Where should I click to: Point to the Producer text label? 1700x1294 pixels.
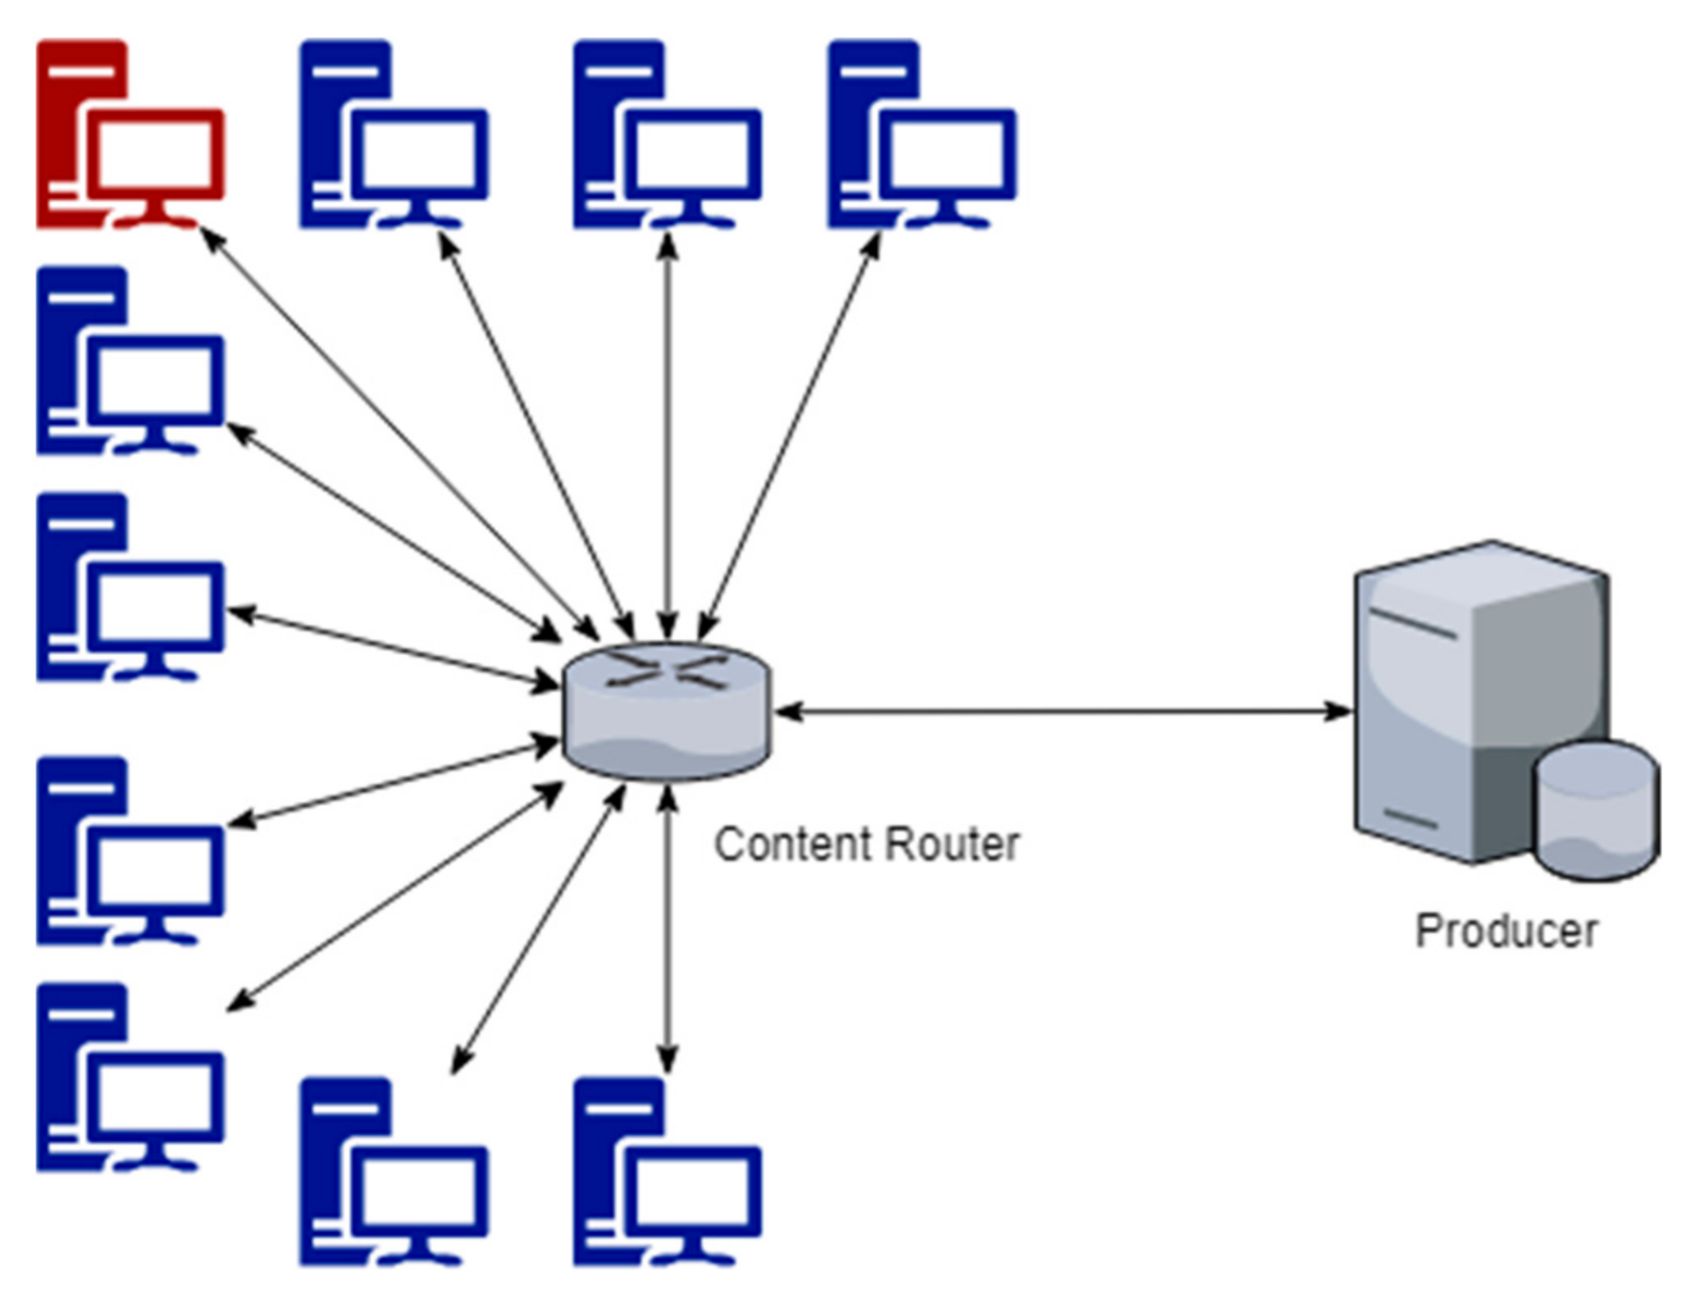click(x=1506, y=930)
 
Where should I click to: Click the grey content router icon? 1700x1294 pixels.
click(x=666, y=712)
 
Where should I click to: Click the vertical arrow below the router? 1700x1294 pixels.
click(x=668, y=927)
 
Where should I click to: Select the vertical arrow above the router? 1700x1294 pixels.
click(x=668, y=435)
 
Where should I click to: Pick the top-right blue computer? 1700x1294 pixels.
click(x=920, y=135)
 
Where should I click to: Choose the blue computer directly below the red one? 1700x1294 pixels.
click(x=130, y=361)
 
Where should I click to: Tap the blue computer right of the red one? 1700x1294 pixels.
click(x=394, y=135)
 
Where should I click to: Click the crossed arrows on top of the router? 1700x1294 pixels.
click(x=666, y=669)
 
